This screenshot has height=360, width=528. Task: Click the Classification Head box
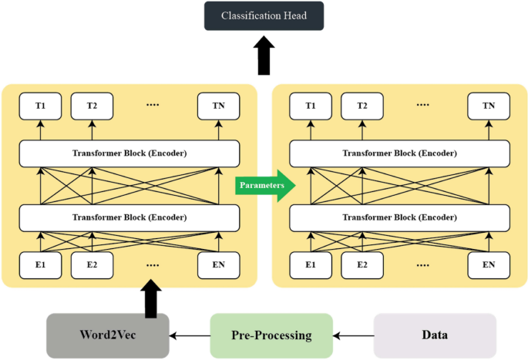coord(264,16)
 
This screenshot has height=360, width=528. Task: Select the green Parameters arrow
coord(263,185)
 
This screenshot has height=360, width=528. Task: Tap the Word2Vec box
coord(108,335)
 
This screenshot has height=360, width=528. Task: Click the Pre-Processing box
coord(271,335)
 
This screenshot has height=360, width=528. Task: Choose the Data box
coord(435,335)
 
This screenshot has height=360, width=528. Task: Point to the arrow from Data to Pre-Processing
coord(353,335)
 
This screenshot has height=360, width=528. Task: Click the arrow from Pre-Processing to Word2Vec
coord(190,335)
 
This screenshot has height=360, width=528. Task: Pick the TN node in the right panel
coord(489,106)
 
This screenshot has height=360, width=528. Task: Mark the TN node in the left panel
coord(219,106)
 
